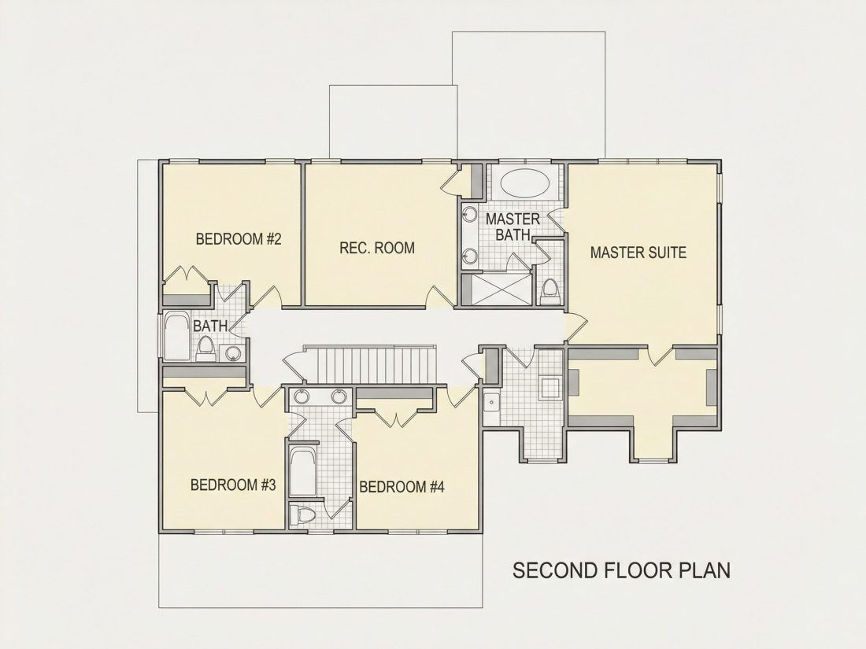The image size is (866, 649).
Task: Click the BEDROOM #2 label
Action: pyautogui.click(x=239, y=239)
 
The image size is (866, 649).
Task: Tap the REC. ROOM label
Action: pyautogui.click(x=377, y=248)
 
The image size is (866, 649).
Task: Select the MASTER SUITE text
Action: pyautogui.click(x=638, y=253)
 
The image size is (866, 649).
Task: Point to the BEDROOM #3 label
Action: pyautogui.click(x=233, y=485)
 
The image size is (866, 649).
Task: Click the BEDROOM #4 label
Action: pyautogui.click(x=402, y=487)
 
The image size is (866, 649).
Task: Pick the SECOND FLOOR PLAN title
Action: pyautogui.click(x=621, y=570)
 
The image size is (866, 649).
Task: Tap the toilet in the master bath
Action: pyautogui.click(x=550, y=291)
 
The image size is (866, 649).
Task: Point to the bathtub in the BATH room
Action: pyautogui.click(x=177, y=337)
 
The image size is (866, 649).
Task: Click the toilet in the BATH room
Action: pyautogui.click(x=205, y=348)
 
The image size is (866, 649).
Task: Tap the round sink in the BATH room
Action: pyautogui.click(x=233, y=353)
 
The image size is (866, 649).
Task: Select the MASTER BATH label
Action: pyautogui.click(x=513, y=227)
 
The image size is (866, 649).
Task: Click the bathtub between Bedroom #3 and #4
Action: pyautogui.click(x=302, y=472)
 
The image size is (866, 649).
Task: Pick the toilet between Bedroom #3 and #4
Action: pyautogui.click(x=302, y=515)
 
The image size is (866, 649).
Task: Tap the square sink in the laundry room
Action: pyautogui.click(x=490, y=403)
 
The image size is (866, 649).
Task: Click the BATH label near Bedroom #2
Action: pyautogui.click(x=210, y=326)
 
